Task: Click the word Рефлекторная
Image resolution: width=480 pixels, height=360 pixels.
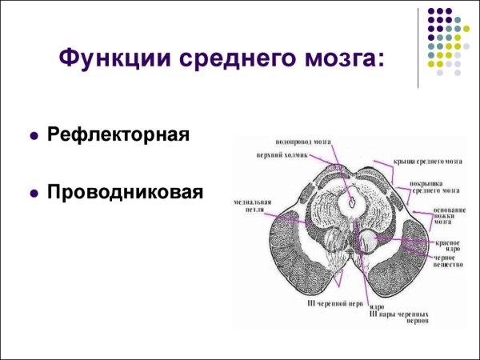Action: (x=118, y=134)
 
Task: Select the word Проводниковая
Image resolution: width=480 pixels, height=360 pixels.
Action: (x=125, y=192)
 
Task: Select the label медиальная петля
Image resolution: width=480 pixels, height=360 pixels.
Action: (x=248, y=206)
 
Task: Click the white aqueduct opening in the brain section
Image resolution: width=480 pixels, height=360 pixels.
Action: (x=350, y=200)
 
